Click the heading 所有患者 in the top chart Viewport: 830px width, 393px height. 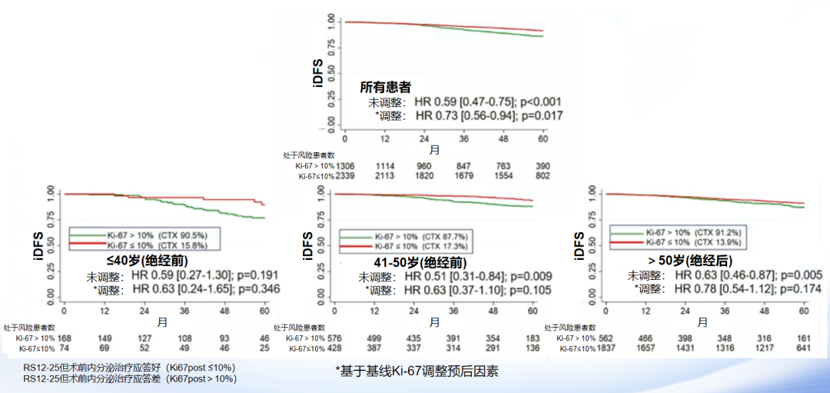coord(390,88)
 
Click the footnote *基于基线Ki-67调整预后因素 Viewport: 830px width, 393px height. coord(417,371)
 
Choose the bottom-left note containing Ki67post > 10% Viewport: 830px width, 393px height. coord(130,378)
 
